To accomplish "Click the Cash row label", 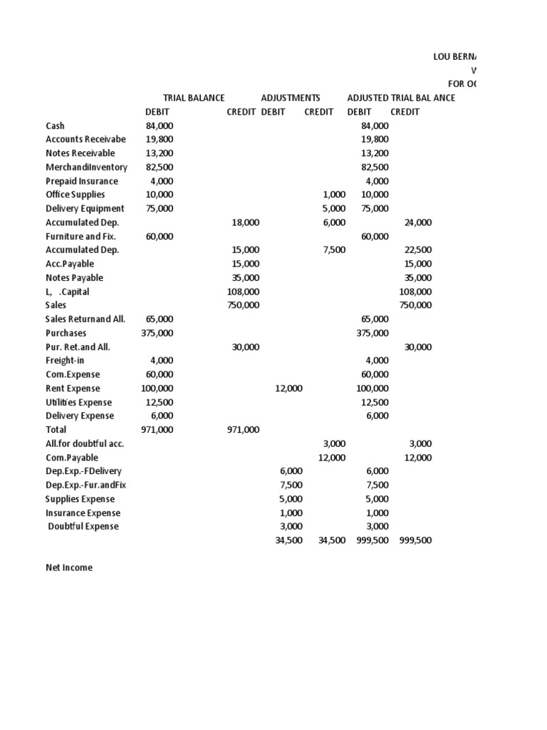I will pos(55,125).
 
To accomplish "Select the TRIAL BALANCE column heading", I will pos(194,98).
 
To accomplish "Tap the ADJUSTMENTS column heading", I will pos(290,98).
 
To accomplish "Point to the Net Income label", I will pos(69,568).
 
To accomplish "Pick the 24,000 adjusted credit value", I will pos(417,222).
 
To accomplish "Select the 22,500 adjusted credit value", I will pos(417,250).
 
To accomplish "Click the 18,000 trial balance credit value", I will pos(246,222).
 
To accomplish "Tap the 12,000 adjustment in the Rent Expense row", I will pos(288,389).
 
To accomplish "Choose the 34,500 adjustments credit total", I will pos(331,540).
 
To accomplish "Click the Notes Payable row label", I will pos(74,278).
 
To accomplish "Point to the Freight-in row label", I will pos(65,361).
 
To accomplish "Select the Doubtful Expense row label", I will pos(83,527).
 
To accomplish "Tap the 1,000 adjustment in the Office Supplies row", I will pos(333,195).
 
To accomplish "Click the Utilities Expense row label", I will pos(79,402).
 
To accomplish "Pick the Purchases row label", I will pos(66,333).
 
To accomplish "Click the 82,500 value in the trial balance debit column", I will pos(160,167).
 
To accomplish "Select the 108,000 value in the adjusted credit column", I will pos(415,292).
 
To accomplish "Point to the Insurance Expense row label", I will pos(83,513).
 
